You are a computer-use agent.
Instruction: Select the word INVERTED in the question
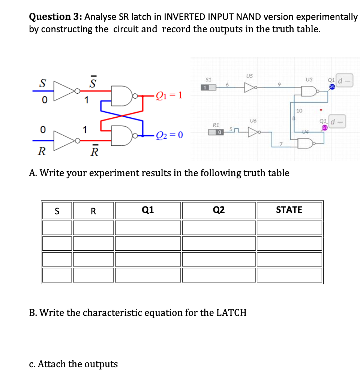click(x=184, y=16)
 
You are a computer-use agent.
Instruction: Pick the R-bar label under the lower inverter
click(x=95, y=152)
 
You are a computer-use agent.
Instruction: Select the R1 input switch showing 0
click(x=216, y=132)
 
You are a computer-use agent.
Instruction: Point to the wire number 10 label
click(x=299, y=111)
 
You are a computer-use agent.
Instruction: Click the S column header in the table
click(x=57, y=211)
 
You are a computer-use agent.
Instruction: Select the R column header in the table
click(x=93, y=211)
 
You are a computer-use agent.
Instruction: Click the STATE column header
click(x=289, y=210)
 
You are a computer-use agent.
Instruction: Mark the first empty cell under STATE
click(x=289, y=227)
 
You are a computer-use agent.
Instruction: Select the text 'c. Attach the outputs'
click(x=73, y=364)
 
